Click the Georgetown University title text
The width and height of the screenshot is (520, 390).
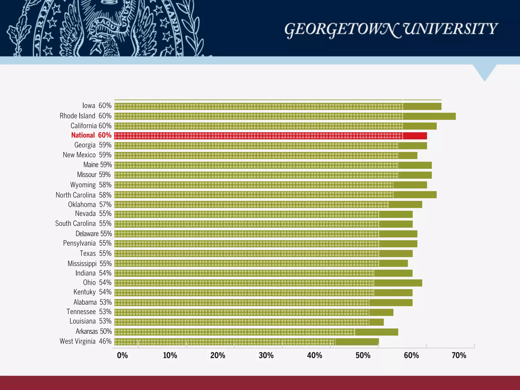[391, 30]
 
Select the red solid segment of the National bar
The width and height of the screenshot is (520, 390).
[415, 136]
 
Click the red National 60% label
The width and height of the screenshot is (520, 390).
[91, 135]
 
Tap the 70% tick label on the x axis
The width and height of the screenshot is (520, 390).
[459, 355]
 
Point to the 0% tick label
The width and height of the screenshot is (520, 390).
[122, 355]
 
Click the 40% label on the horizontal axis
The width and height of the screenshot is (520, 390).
[314, 355]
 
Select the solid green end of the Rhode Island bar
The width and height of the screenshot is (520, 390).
[429, 116]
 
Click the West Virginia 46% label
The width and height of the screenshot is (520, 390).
[86, 341]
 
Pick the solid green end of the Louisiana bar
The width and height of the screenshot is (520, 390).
[376, 322]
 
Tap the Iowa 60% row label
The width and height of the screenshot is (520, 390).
[97, 106]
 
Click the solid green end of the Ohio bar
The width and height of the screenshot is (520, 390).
[398, 283]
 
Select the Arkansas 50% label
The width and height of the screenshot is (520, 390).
[94, 331]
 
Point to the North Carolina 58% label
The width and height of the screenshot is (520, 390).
[84, 195]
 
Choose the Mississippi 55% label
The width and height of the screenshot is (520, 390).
[90, 264]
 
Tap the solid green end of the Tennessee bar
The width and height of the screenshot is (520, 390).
[381, 312]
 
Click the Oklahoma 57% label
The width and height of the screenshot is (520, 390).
[90, 205]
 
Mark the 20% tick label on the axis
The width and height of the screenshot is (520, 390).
[218, 355]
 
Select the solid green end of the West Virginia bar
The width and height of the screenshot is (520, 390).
[357, 342]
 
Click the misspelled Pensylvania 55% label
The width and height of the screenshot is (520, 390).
[87, 243]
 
